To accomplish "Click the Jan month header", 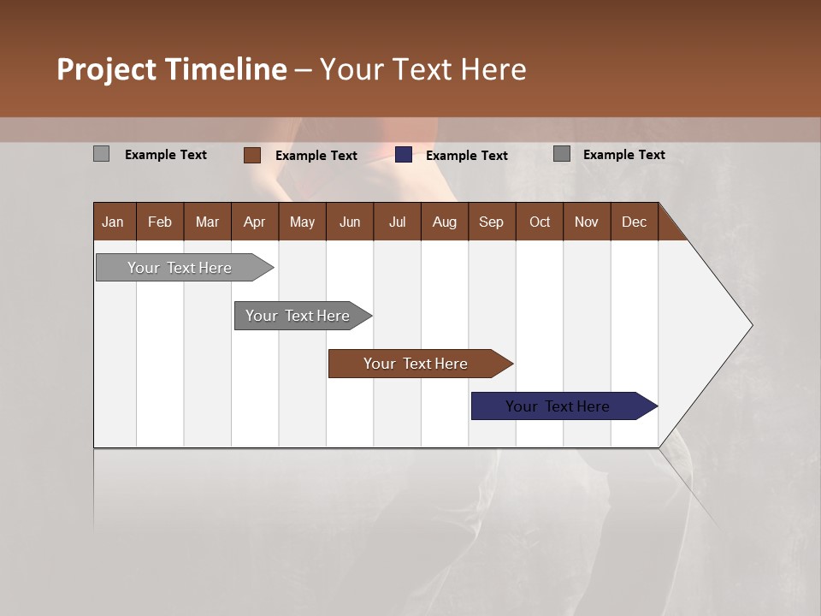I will tap(114, 222).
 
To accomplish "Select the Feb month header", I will tap(160, 222).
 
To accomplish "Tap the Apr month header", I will tap(254, 222).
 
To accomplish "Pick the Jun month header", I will tap(350, 222).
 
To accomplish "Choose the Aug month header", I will tap(444, 222).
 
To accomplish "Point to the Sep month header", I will tap(491, 222).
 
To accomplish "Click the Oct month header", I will tap(540, 222).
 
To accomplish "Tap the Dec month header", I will tap(634, 222).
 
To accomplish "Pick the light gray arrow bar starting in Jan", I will tap(180, 268).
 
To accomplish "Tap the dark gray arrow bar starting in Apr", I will tap(298, 316).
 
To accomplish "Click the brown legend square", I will tap(252, 155).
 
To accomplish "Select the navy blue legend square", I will tap(404, 155).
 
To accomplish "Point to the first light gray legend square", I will tap(101, 154).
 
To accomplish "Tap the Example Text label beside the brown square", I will tap(316, 156).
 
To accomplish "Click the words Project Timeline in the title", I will tap(171, 69).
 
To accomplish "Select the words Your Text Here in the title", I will tap(422, 69).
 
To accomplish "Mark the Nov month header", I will tap(586, 222).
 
